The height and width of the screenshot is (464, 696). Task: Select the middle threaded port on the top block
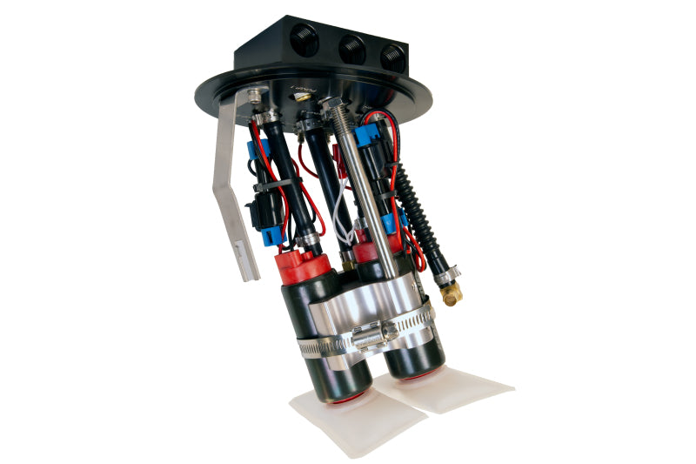[x=352, y=49]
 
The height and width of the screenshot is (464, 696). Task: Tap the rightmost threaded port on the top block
[x=392, y=57]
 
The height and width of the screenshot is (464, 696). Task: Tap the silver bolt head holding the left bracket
[x=255, y=93]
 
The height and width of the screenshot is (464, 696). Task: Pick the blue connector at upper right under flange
[x=369, y=135]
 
